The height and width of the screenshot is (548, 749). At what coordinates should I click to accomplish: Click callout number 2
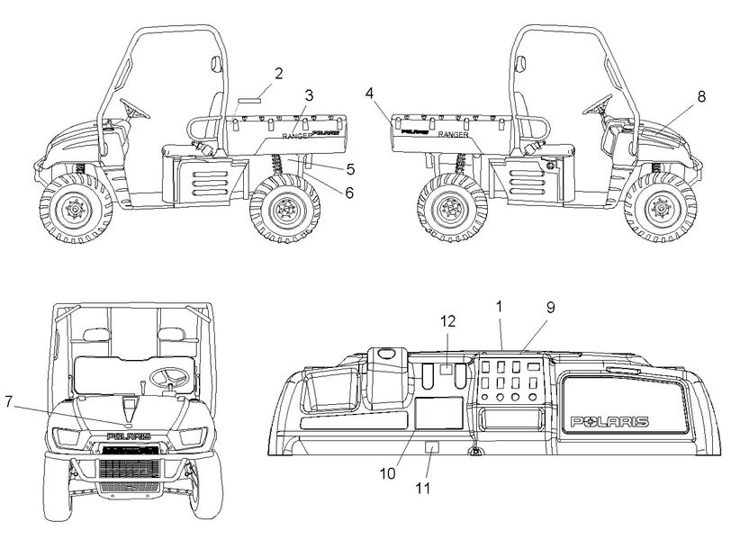(x=278, y=74)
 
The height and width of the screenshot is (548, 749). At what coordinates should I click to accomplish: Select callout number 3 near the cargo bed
(x=309, y=94)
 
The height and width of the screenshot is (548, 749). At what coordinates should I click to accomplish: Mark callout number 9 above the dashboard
(x=550, y=307)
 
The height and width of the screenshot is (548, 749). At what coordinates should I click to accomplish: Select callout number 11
(x=422, y=489)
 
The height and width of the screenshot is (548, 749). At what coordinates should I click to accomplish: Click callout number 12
(x=447, y=320)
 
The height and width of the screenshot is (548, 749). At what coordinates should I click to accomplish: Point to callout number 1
(x=499, y=307)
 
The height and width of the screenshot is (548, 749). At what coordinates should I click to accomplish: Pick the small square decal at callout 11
(x=432, y=447)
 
